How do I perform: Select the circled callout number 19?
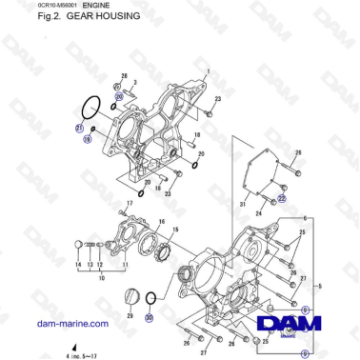pos(88,140)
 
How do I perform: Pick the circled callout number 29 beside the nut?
pos(119,96)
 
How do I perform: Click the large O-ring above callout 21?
pos(89,109)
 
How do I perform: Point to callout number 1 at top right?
pos(208,71)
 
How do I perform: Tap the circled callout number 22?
pos(282,199)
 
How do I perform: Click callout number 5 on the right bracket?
pos(347,285)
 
